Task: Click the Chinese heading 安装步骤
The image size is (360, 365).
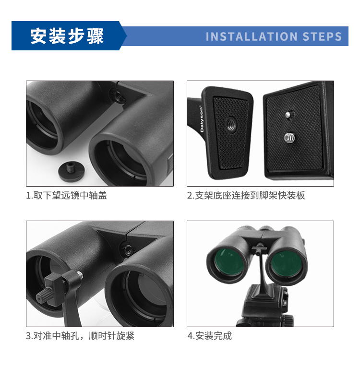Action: point(67,36)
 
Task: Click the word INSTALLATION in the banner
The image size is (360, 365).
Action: point(252,36)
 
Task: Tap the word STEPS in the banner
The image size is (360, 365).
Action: point(322,36)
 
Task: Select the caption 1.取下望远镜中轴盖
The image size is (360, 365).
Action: point(66,195)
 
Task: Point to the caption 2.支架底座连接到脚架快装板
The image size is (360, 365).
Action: point(246,195)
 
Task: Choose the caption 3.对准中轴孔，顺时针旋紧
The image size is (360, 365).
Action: point(80,336)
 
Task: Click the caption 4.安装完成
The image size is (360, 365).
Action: point(210,336)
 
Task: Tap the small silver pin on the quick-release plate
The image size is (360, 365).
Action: point(288,115)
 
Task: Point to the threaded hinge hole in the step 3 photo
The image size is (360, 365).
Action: point(128,250)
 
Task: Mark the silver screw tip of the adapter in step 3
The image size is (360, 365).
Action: point(80,275)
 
